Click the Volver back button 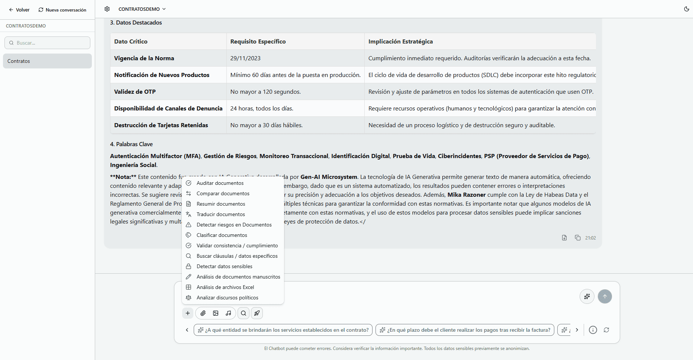tap(19, 10)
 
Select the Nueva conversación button tap(62, 10)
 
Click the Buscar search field tap(47, 43)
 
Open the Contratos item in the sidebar tap(47, 61)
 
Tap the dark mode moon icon tap(686, 9)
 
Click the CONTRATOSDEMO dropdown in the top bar tap(142, 9)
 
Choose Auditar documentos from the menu tap(220, 183)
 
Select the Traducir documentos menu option tap(220, 214)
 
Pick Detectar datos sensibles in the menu tap(224, 266)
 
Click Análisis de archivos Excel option tap(225, 287)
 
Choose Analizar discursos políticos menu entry tap(227, 298)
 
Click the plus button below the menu tap(188, 313)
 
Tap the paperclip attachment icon tap(203, 313)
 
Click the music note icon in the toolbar tap(228, 313)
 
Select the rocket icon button tap(257, 313)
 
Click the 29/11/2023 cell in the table tap(245, 58)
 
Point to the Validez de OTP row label tap(135, 92)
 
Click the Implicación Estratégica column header tap(400, 42)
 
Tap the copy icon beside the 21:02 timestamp tap(577, 238)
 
